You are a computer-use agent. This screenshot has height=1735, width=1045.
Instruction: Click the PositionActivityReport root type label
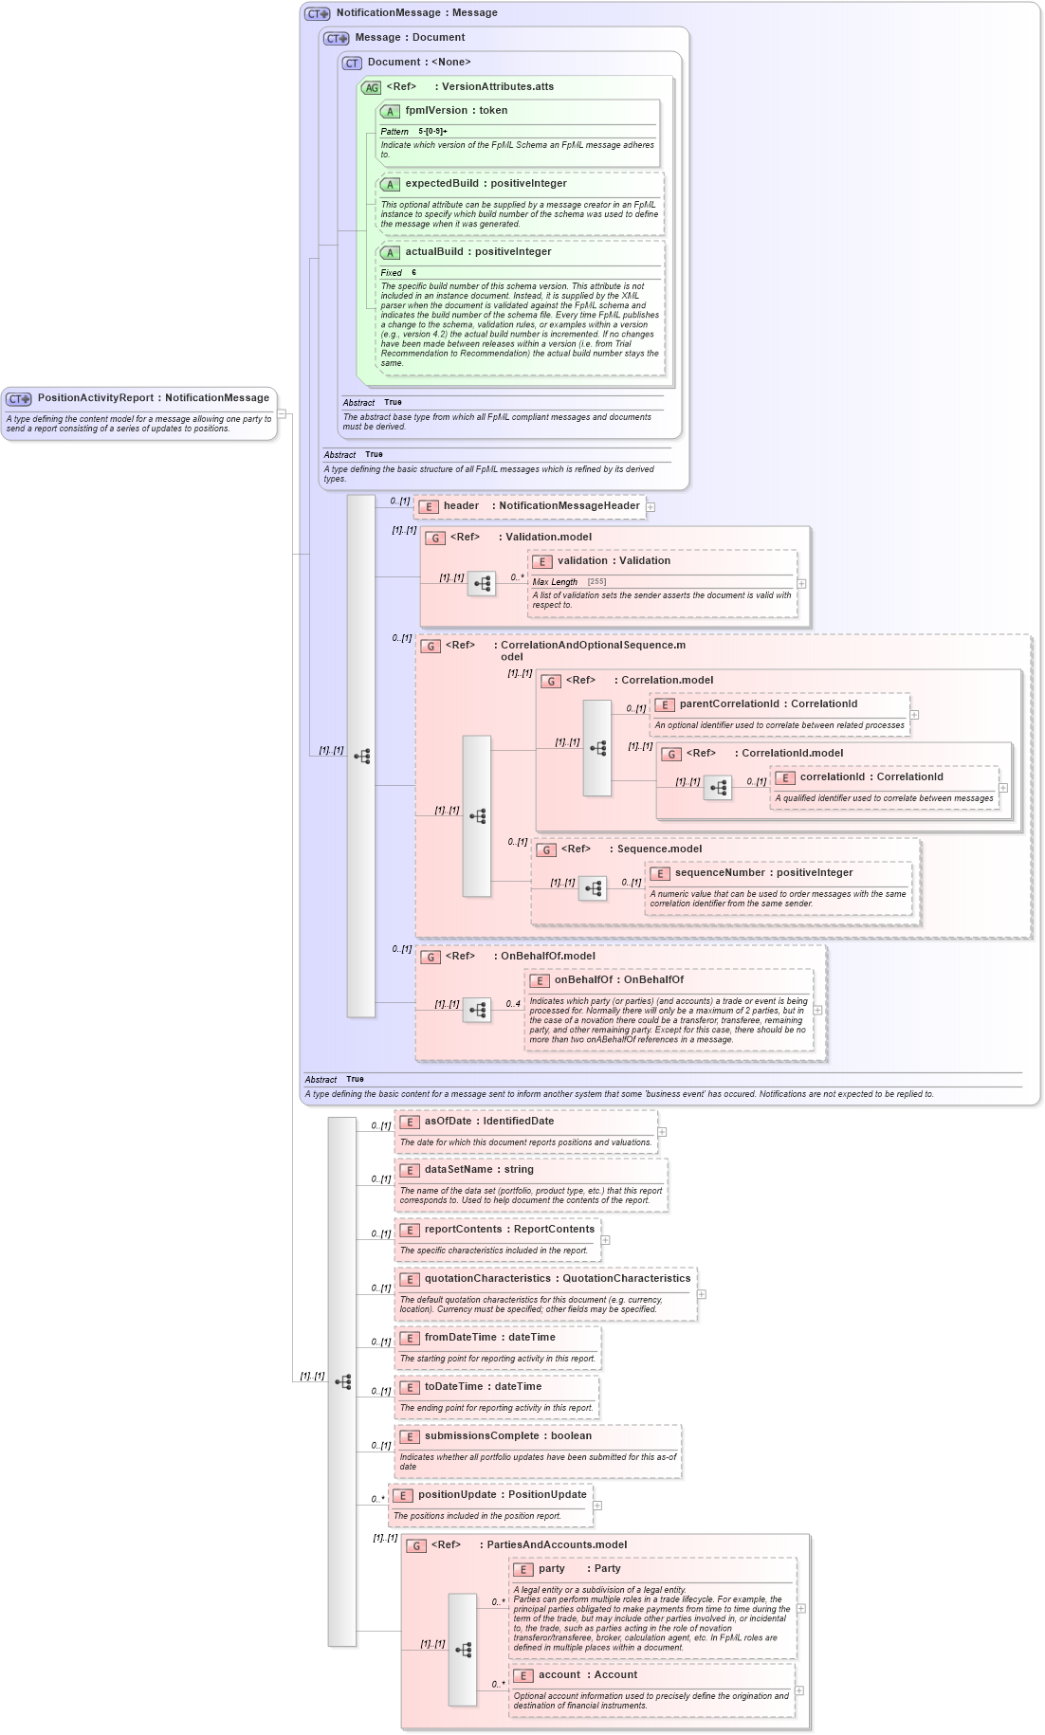click(x=153, y=398)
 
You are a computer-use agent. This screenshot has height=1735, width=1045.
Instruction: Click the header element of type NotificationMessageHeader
click(x=541, y=506)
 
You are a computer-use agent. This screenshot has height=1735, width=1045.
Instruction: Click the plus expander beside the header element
click(x=651, y=507)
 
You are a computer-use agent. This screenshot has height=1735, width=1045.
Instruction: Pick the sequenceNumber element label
click(x=763, y=873)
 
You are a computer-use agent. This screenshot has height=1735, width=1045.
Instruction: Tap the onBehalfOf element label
click(x=618, y=980)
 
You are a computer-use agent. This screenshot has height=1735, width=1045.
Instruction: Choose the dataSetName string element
click(x=479, y=1170)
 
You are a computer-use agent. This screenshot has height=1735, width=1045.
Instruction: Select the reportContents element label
click(x=509, y=1230)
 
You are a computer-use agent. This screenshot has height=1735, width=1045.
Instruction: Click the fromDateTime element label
click(x=489, y=1338)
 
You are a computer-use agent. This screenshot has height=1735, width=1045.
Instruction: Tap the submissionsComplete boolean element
click(x=507, y=1436)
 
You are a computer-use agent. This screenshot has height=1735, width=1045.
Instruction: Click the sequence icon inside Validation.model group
click(x=482, y=584)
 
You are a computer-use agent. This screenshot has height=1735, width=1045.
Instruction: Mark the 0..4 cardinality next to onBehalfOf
click(x=512, y=1004)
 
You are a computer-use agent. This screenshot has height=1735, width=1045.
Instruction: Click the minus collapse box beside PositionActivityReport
click(x=282, y=413)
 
